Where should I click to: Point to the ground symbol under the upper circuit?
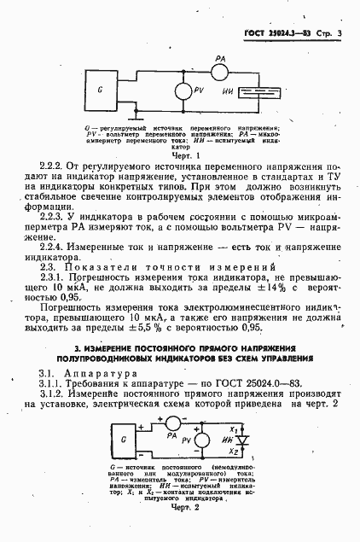[132, 114]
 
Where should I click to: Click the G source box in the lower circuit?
[125, 439]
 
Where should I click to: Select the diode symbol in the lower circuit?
[240, 440]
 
